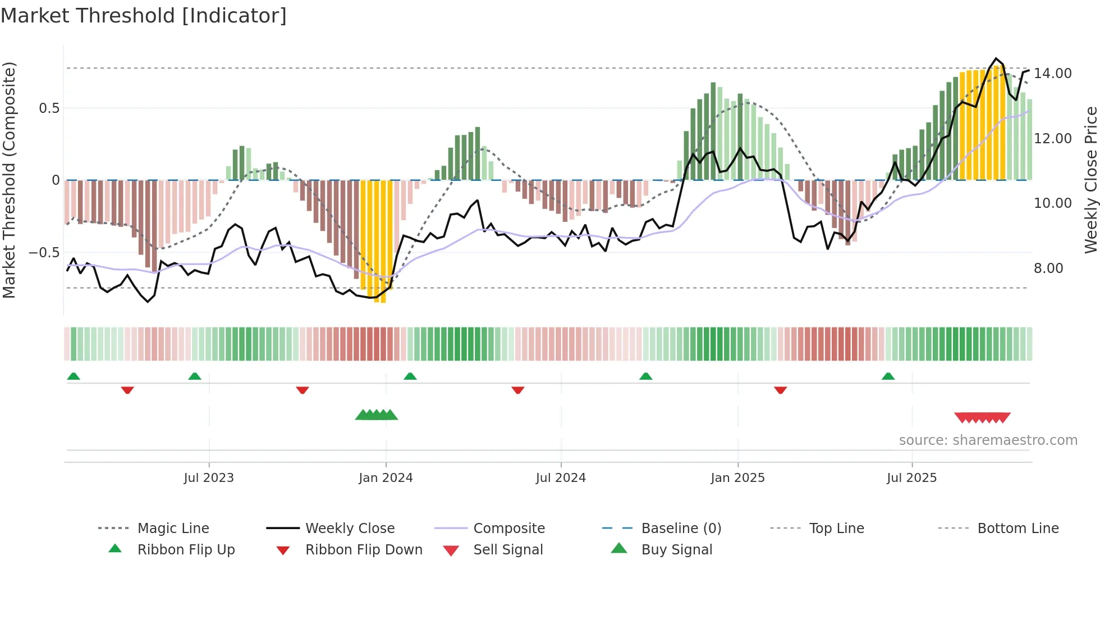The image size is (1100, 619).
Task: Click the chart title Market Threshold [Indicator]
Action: pyautogui.click(x=144, y=16)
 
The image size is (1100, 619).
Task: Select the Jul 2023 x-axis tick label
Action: pyautogui.click(x=208, y=478)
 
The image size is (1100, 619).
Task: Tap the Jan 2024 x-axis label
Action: pyautogui.click(x=386, y=478)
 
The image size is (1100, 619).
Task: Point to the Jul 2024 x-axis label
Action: pyautogui.click(x=561, y=478)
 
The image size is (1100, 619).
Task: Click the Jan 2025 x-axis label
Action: pyautogui.click(x=737, y=478)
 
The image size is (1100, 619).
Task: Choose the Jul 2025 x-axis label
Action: pyautogui.click(x=911, y=478)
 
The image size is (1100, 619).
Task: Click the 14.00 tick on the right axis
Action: pyautogui.click(x=1052, y=74)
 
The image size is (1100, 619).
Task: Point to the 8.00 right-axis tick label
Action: pyautogui.click(x=1048, y=268)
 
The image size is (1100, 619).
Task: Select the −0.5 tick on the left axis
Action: pyautogui.click(x=44, y=253)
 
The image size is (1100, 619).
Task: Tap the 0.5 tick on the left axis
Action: pyautogui.click(x=49, y=108)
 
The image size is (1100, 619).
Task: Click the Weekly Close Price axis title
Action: pyautogui.click(x=1090, y=180)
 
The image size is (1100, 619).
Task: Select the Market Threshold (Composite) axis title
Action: pyautogui.click(x=9, y=180)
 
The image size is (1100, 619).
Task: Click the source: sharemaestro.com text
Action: pyautogui.click(x=988, y=440)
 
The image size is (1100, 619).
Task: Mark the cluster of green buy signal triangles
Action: pyautogui.click(x=376, y=415)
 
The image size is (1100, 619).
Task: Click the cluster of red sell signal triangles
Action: pyautogui.click(x=982, y=417)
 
